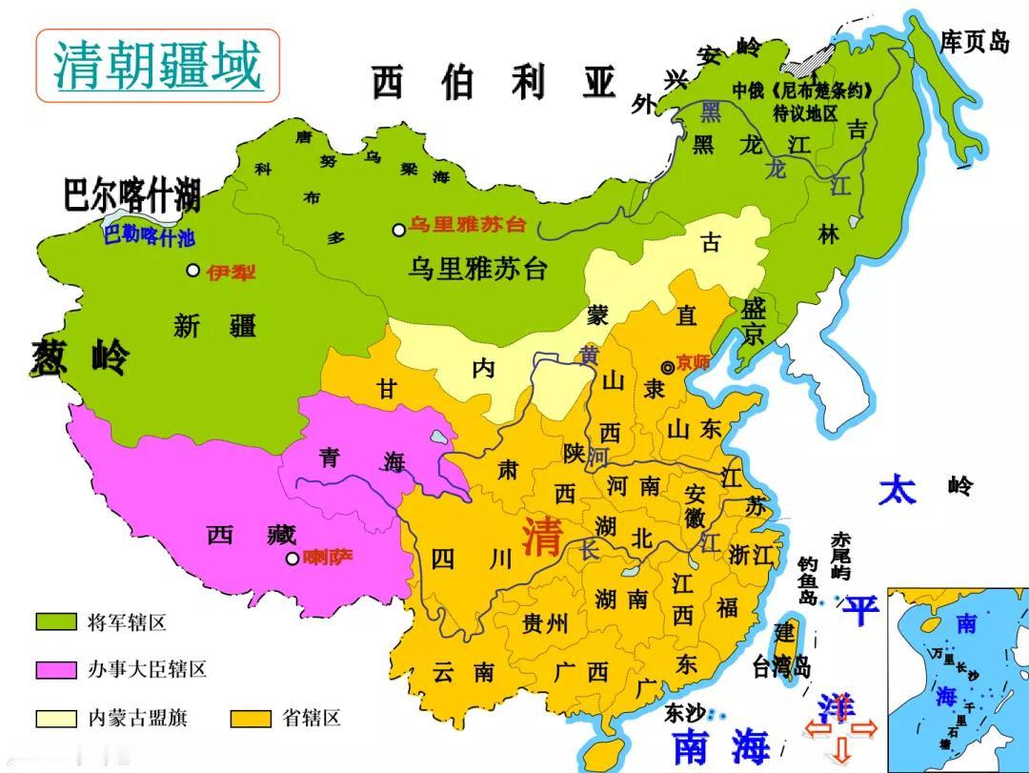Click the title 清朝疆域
157,65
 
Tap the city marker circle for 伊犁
193,271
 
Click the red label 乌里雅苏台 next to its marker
468,226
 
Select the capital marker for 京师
668,367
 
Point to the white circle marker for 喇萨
292,559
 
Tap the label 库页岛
974,42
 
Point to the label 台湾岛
780,664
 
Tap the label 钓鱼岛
808,581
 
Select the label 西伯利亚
494,84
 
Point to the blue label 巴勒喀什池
148,234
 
